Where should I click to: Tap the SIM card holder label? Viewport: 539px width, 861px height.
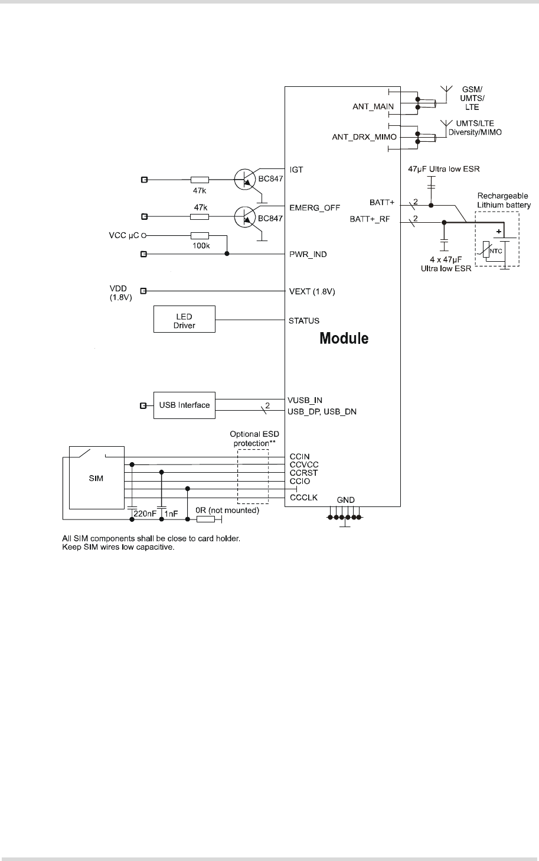click(96, 478)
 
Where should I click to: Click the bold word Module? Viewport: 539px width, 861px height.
click(344, 338)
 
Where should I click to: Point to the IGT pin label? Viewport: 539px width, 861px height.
click(296, 170)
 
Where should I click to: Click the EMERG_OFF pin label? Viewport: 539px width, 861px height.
click(315, 208)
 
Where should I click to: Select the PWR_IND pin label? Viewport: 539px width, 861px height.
click(308, 255)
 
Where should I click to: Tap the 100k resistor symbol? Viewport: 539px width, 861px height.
click(200, 236)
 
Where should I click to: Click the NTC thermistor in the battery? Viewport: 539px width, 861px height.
click(486, 249)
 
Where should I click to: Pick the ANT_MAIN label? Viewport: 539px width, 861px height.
click(373, 106)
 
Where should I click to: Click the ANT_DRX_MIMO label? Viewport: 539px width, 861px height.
click(364, 137)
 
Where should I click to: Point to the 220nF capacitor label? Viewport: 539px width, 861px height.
click(145, 514)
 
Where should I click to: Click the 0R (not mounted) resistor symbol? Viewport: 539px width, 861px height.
click(206, 519)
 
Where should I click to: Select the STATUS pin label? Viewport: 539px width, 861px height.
click(304, 320)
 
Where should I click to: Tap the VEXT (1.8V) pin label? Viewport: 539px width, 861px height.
click(312, 291)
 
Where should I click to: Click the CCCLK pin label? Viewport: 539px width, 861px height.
click(303, 498)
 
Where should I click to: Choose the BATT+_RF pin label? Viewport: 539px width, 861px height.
click(370, 219)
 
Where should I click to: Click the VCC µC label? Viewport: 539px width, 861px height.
click(124, 235)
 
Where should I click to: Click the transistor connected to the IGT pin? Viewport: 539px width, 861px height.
click(245, 179)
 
